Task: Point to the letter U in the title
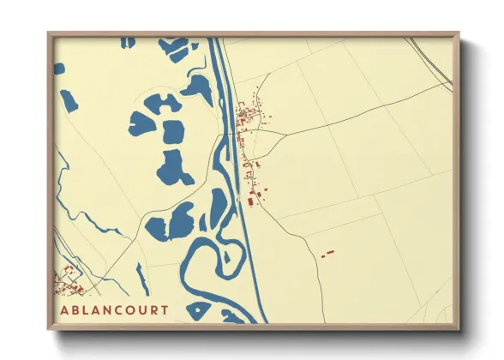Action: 141,309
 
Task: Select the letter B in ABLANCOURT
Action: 75,309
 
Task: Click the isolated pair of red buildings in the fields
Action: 326,254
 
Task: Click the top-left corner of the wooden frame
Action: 50,35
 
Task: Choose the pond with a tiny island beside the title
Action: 199,309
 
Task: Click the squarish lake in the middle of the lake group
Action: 173,131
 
